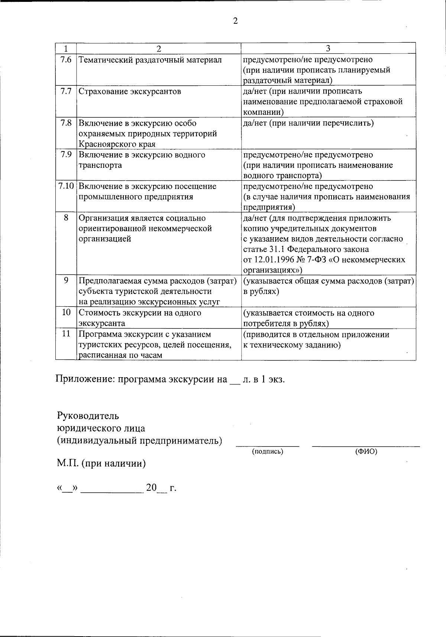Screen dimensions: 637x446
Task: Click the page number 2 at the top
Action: click(235, 21)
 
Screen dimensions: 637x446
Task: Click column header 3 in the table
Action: click(328, 49)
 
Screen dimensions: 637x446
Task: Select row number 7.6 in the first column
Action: click(66, 60)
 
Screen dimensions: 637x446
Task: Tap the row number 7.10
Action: click(66, 186)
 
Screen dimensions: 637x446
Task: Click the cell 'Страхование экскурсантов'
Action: click(130, 91)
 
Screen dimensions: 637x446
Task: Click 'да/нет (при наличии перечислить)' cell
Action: click(308, 123)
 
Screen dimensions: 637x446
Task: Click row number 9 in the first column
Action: click(66, 281)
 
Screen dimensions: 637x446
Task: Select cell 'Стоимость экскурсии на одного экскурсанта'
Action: click(140, 318)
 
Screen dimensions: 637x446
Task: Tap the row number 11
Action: click(66, 334)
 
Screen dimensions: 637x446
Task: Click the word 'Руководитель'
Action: click(88, 415)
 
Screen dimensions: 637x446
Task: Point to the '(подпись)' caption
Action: click(268, 451)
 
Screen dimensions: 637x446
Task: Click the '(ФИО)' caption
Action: click(366, 451)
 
